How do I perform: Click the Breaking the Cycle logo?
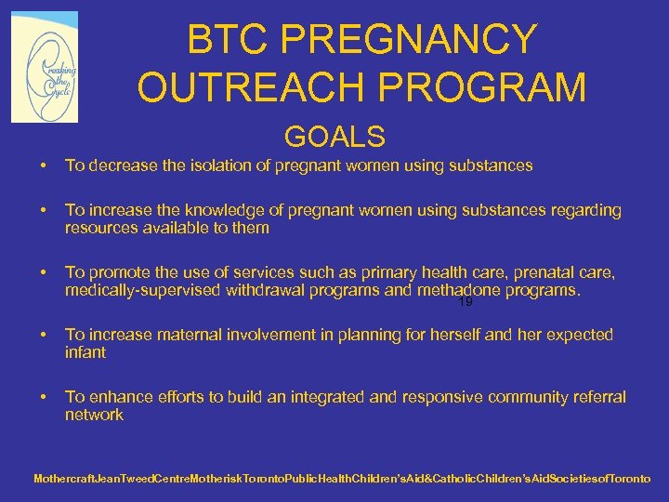(x=45, y=67)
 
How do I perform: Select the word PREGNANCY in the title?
(x=409, y=40)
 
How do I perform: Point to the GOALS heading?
(x=334, y=137)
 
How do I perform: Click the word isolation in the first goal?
(x=218, y=165)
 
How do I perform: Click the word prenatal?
(x=540, y=272)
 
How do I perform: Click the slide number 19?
(x=466, y=302)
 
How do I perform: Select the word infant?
(x=85, y=352)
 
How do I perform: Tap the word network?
(x=94, y=415)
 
